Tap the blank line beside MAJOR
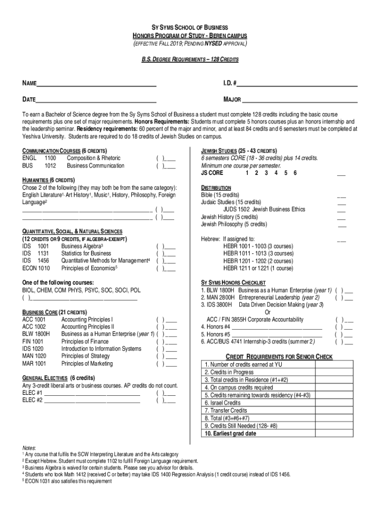pyautogui.click(x=300, y=101)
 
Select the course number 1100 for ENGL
pyautogui.click(x=50, y=158)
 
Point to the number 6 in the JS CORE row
pyautogui.click(x=295, y=173)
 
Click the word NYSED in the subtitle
pyautogui.click(x=214, y=44)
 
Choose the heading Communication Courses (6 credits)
pyautogui.click(x=65, y=151)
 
